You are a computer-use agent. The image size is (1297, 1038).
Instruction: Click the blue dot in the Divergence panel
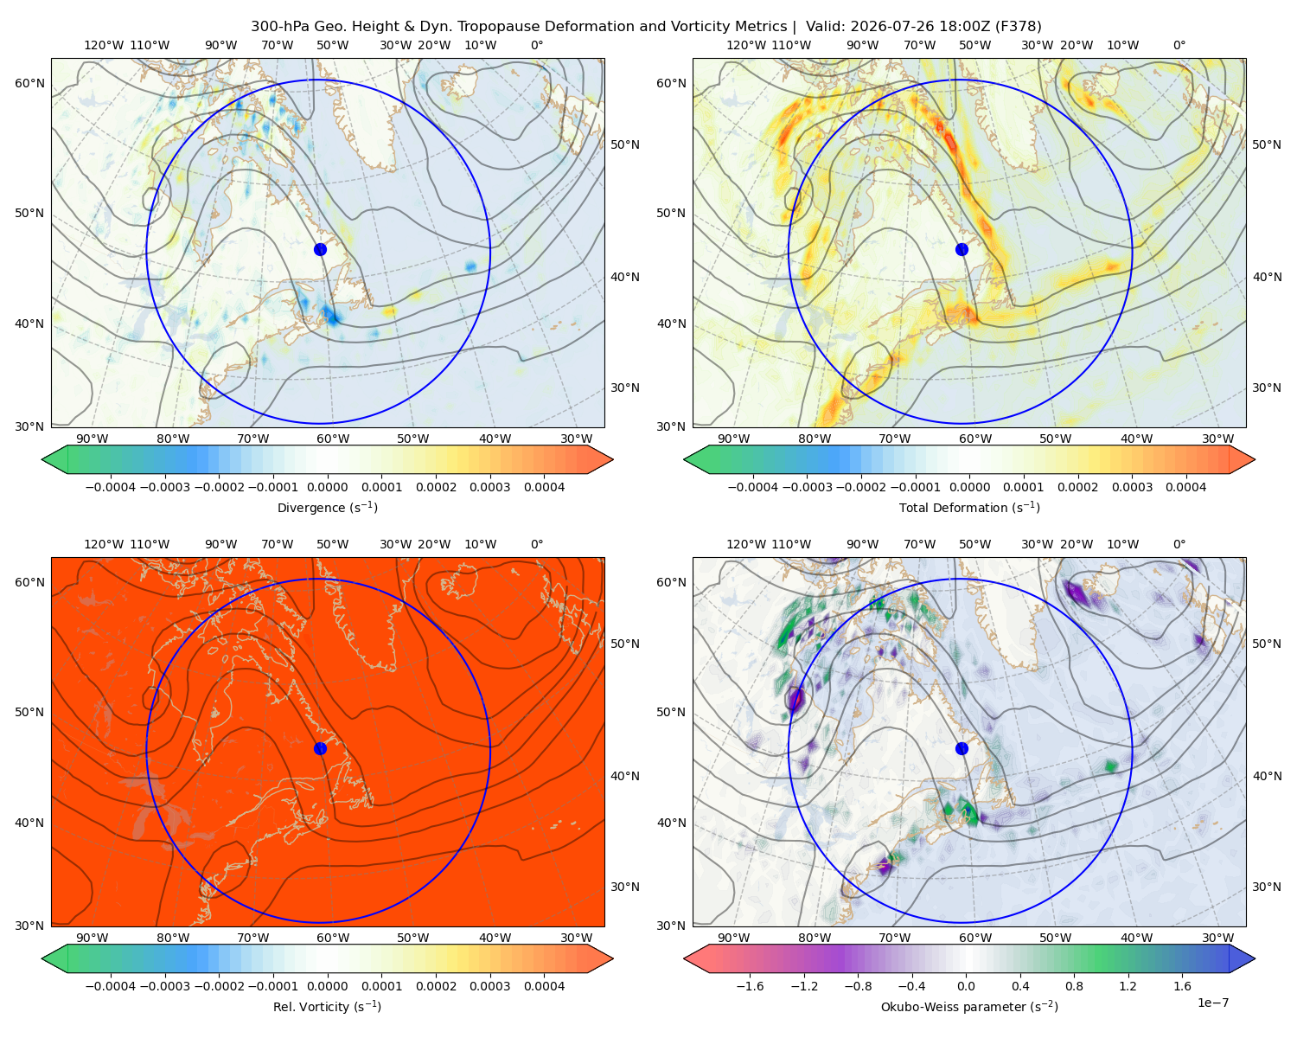(320, 249)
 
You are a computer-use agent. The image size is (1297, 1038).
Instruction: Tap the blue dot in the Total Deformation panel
(962, 249)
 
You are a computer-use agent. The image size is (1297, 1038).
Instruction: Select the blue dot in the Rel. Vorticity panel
(320, 748)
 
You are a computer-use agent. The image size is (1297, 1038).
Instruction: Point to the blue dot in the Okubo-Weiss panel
(962, 748)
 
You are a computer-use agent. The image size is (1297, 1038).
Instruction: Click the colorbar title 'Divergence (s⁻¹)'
(327, 507)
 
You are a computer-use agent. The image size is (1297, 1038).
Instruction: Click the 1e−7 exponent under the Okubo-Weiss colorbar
(1212, 1003)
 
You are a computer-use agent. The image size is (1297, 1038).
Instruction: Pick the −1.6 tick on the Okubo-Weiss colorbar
(750, 985)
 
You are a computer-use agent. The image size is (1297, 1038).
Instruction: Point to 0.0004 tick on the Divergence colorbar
(544, 487)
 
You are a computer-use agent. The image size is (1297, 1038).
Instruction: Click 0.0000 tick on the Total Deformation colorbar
(969, 487)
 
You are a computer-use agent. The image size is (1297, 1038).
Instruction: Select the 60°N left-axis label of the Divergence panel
(29, 83)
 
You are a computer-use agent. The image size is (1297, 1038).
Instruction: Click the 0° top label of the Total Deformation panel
(1179, 45)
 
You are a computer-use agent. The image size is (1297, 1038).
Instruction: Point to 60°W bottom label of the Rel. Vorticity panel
(333, 938)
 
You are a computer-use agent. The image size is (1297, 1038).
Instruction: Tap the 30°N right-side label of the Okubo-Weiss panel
(1266, 886)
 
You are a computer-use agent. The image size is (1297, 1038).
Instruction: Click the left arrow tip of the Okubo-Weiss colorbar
(684, 958)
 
